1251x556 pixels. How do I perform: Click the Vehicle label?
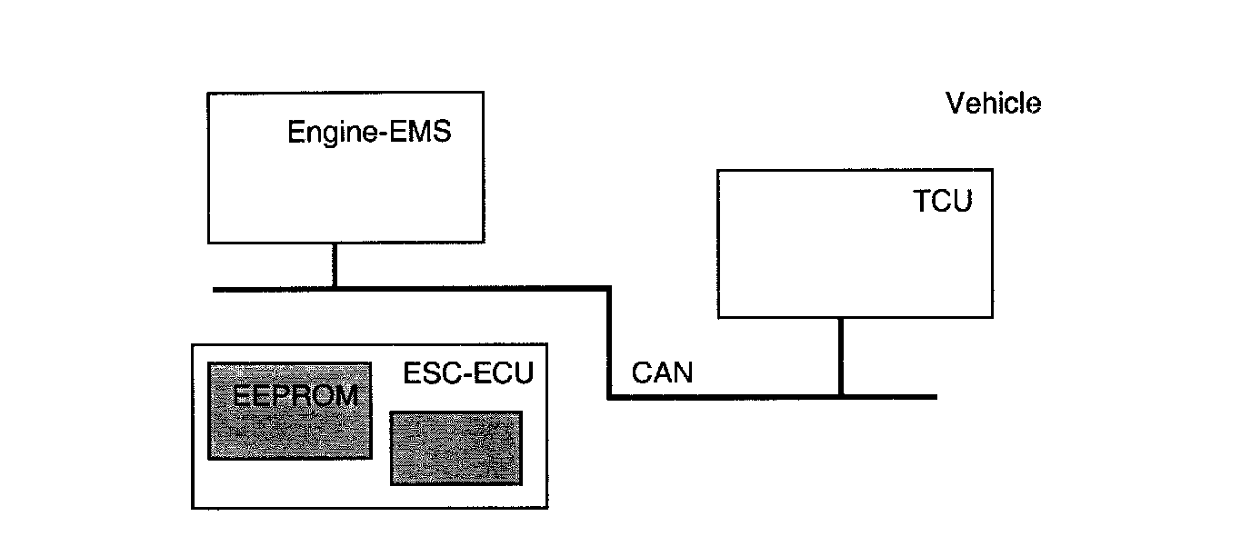[993, 104]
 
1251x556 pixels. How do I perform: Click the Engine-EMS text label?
[369, 132]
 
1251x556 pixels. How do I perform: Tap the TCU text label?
[942, 201]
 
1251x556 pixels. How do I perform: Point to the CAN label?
[662, 372]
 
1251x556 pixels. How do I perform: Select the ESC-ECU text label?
[467, 372]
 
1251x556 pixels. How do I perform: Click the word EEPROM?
[291, 396]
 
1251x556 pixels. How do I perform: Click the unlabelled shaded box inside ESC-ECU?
[455, 448]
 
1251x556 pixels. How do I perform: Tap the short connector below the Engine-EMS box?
[335, 265]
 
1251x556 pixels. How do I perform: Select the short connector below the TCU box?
[841, 356]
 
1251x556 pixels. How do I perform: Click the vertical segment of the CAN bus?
[608, 343]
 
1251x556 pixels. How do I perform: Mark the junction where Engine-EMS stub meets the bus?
[335, 289]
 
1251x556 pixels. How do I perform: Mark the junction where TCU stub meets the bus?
[841, 396]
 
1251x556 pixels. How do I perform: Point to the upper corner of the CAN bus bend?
[608, 289]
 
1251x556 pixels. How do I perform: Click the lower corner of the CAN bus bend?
[608, 396]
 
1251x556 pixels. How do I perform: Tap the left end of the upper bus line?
[215, 289]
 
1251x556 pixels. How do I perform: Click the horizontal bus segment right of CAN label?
[727, 396]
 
